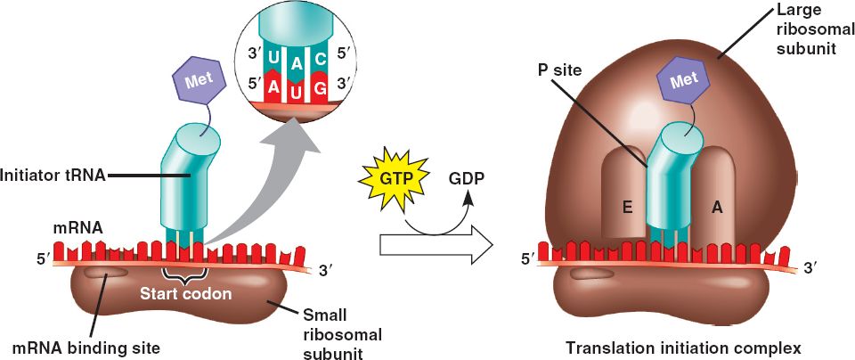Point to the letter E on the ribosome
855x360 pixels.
tap(627, 206)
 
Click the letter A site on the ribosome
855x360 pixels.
tap(716, 206)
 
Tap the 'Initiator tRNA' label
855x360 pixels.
tap(53, 176)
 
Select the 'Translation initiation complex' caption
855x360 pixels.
tap(689, 346)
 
